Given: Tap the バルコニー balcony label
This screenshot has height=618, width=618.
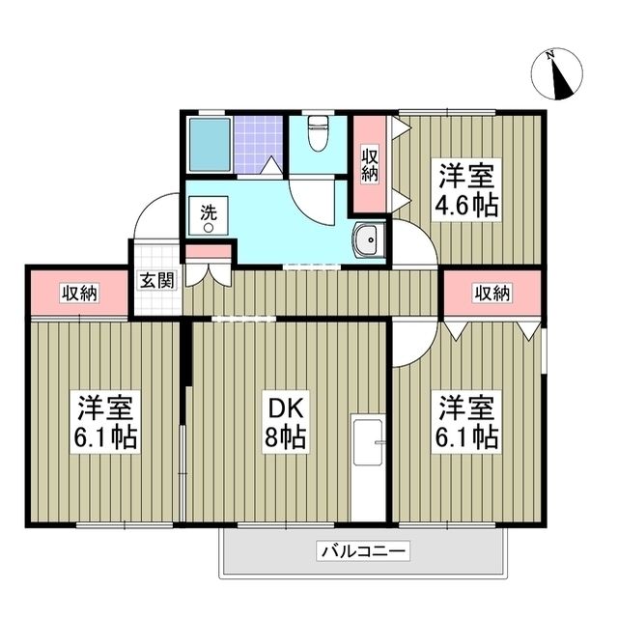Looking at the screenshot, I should tap(363, 552).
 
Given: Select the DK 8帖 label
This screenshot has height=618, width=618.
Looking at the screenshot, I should tap(287, 422).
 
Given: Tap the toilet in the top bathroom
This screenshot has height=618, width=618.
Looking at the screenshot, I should tap(315, 135).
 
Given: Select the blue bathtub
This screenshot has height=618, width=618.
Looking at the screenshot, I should tap(209, 146).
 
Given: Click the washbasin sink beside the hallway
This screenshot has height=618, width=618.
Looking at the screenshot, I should tap(367, 240).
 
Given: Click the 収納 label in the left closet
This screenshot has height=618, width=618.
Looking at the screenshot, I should tap(79, 293).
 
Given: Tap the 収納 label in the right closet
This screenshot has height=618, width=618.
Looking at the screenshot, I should tap(491, 293).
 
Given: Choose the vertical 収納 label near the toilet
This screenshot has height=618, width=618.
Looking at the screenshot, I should tap(370, 165).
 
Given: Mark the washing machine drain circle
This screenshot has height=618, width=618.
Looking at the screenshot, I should tap(208, 228).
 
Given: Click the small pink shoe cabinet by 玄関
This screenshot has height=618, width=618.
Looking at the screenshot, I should tap(209, 253).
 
